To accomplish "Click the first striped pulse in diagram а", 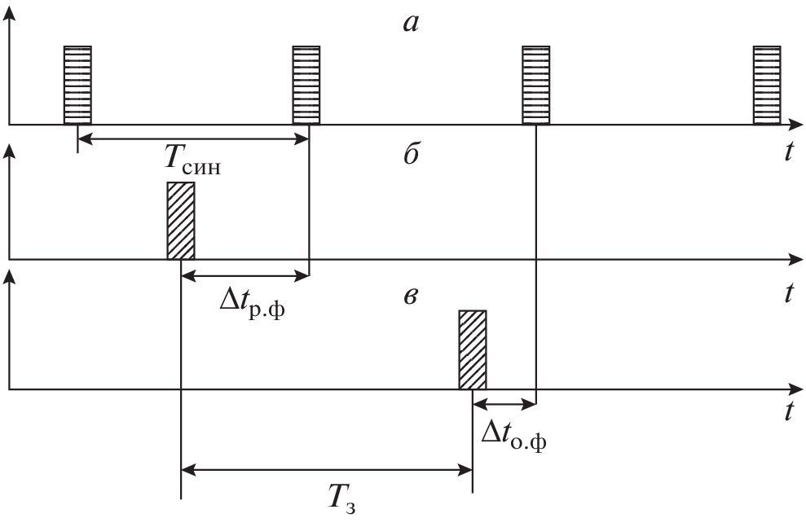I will click(x=77, y=86).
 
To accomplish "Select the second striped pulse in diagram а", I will click(x=306, y=86).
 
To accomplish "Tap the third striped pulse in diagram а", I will click(x=535, y=86).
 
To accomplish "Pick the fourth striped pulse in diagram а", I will click(x=766, y=86).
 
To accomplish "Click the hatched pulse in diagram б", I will click(x=181, y=221).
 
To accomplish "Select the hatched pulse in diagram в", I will click(x=473, y=349).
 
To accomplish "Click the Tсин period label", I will click(x=193, y=161).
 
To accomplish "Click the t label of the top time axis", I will click(x=789, y=152).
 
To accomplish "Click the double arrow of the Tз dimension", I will click(x=326, y=469).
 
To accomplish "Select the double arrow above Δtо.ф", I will click(x=504, y=402).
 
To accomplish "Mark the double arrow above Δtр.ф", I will click(x=244, y=277).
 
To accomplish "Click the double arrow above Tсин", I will click(x=192, y=139).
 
